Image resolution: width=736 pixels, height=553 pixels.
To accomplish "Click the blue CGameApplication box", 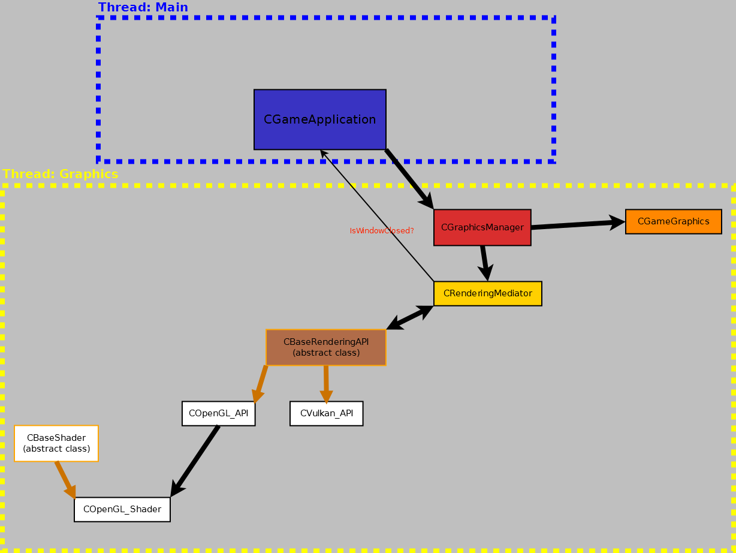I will pyautogui.click(x=319, y=119).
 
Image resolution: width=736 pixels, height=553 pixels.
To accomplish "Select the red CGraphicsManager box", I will pyautogui.click(x=482, y=227).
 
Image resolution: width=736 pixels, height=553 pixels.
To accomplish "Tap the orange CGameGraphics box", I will pyautogui.click(x=673, y=221).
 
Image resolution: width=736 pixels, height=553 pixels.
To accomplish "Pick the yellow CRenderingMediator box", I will pyautogui.click(x=487, y=293).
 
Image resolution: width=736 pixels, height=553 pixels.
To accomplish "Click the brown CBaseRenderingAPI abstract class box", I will pyautogui.click(x=325, y=347).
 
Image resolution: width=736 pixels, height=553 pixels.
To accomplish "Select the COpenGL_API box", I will pyautogui.click(x=218, y=413).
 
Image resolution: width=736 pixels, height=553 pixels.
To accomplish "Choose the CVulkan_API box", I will pyautogui.click(x=326, y=413).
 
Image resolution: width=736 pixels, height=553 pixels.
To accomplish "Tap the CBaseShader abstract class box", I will pyautogui.click(x=56, y=443).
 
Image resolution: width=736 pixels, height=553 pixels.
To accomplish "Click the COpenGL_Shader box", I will pyautogui.click(x=122, y=509).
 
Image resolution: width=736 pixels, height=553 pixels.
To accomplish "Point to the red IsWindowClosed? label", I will pyautogui.click(x=382, y=231).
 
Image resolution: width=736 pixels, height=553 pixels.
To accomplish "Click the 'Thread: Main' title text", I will pyautogui.click(x=143, y=8).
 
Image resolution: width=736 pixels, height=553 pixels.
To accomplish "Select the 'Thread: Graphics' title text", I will pyautogui.click(x=61, y=174).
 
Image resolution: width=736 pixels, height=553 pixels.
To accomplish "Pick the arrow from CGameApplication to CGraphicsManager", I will pyautogui.click(x=409, y=179).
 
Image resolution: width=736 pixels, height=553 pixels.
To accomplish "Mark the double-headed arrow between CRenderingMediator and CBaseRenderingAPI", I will pyautogui.click(x=410, y=317).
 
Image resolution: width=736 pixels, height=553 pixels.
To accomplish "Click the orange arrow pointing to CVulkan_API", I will pyautogui.click(x=326, y=384).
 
